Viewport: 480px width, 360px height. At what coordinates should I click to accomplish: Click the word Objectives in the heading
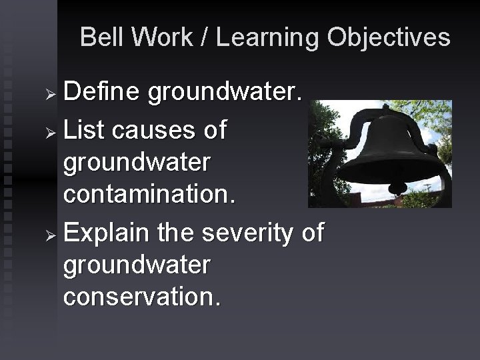click(388, 39)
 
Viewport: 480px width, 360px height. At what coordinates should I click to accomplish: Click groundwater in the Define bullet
click(225, 94)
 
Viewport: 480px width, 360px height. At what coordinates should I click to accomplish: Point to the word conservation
click(141, 298)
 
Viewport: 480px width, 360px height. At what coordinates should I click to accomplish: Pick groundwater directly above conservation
click(137, 266)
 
